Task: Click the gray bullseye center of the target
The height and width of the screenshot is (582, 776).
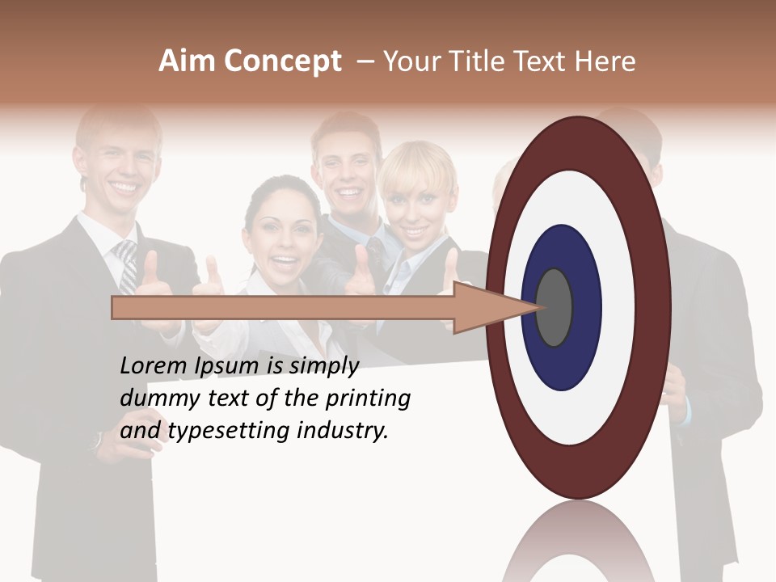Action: pyautogui.click(x=554, y=307)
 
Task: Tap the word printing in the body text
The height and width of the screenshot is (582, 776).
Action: pyautogui.click(x=367, y=399)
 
